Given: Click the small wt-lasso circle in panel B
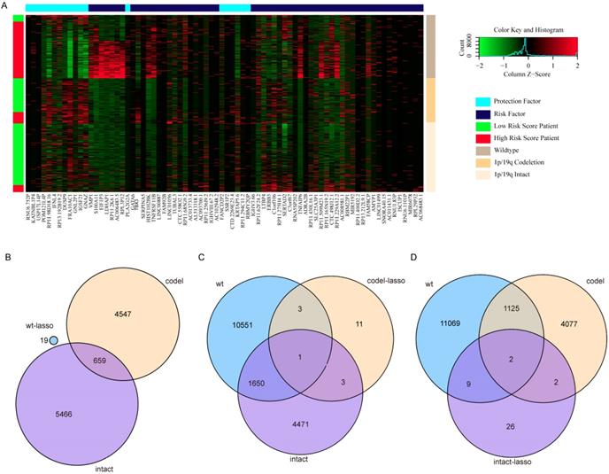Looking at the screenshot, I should pyautogui.click(x=53, y=339).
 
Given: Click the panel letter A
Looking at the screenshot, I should pyautogui.click(x=7, y=7).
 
